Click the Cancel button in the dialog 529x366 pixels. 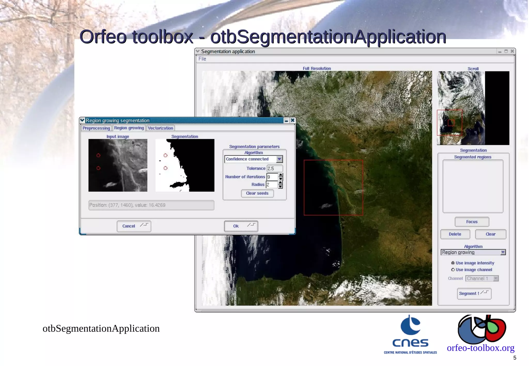click(x=134, y=226)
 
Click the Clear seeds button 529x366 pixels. click(x=257, y=193)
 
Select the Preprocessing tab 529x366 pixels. click(x=96, y=128)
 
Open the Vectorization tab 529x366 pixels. click(x=160, y=128)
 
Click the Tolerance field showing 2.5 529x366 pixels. click(x=274, y=169)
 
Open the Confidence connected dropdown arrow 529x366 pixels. click(x=279, y=159)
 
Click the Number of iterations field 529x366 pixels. click(x=272, y=177)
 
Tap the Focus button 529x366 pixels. click(x=472, y=222)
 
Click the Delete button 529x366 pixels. click(x=455, y=234)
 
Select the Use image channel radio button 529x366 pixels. click(x=453, y=270)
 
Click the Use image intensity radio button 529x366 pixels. click(x=453, y=263)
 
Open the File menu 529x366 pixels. click(x=202, y=59)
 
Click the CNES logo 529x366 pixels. click(x=410, y=334)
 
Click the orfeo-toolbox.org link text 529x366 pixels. click(x=480, y=348)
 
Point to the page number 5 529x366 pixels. click(x=515, y=358)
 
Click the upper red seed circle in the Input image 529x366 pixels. click(x=98, y=155)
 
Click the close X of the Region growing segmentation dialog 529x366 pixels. click(x=293, y=120)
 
